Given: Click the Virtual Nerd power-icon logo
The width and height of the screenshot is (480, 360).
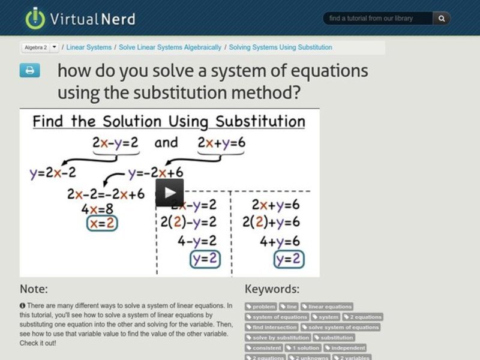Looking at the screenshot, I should coord(35,18).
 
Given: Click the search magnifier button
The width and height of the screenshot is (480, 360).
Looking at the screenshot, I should coord(442,19).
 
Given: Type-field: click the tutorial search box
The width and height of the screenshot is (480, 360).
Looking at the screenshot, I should coord(378,19).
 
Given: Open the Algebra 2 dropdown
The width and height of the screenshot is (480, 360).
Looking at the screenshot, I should coord(41,47).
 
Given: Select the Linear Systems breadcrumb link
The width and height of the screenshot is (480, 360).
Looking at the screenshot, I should coord(89,47).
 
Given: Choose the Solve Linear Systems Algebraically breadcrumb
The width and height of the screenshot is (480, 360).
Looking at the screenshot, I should coord(170,47).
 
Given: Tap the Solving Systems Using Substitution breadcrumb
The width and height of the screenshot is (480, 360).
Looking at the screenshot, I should coord(280,47).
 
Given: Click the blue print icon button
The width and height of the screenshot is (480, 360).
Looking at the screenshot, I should coord(29,71).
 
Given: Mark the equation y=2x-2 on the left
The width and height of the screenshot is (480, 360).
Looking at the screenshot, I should coord(53,173).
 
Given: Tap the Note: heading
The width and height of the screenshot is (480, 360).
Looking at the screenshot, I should coord(34,289).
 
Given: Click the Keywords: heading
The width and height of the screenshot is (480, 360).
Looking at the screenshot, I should coord(272,289).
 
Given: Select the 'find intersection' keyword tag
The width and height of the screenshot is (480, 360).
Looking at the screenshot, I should coord(272,327).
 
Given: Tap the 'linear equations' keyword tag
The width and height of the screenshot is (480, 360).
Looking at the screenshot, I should coord(326,307).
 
